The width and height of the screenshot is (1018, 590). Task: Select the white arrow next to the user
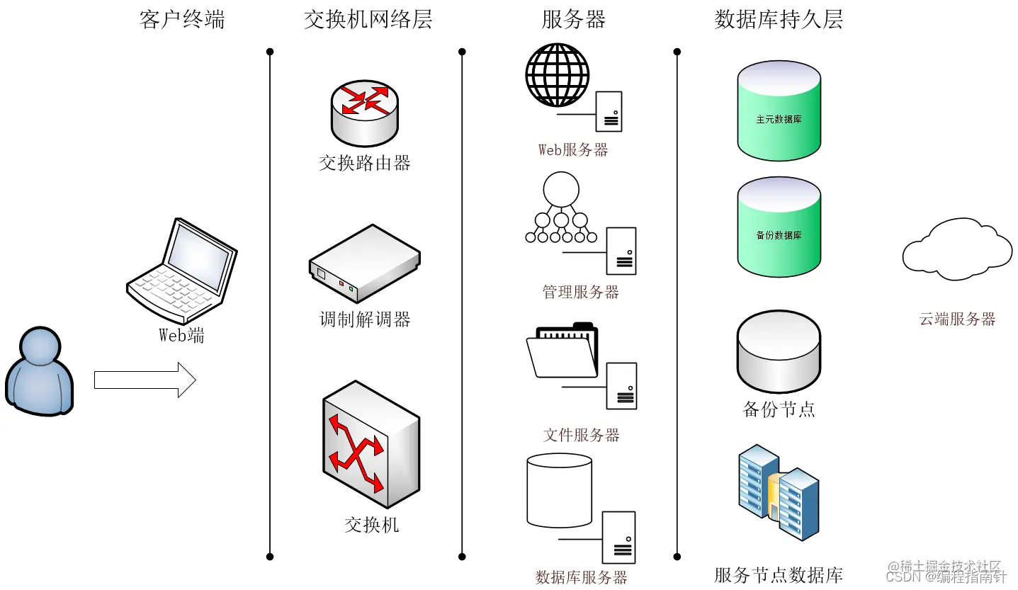click(145, 380)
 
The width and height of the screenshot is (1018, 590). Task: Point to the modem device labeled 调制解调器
click(364, 264)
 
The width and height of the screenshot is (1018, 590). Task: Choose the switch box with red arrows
click(371, 444)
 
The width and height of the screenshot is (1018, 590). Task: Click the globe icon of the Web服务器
click(557, 75)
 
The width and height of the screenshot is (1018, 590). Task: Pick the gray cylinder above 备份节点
click(779, 351)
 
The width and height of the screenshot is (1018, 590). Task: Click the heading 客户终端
click(182, 19)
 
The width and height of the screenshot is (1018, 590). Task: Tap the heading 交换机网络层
click(368, 19)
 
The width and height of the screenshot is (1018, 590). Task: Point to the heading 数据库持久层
click(779, 19)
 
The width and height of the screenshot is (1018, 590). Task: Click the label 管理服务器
click(580, 292)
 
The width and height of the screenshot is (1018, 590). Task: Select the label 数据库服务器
click(581, 577)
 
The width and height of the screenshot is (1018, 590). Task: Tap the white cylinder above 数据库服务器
click(559, 489)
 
